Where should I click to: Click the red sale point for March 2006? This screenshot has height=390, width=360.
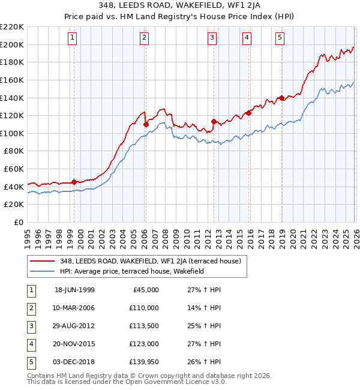146,124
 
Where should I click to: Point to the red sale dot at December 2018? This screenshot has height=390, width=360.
281,98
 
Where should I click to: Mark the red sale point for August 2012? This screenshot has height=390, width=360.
214,121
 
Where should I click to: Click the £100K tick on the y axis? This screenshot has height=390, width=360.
12,133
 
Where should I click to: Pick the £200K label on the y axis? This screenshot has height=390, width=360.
12,44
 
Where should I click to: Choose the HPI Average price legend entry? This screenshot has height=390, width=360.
132,271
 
